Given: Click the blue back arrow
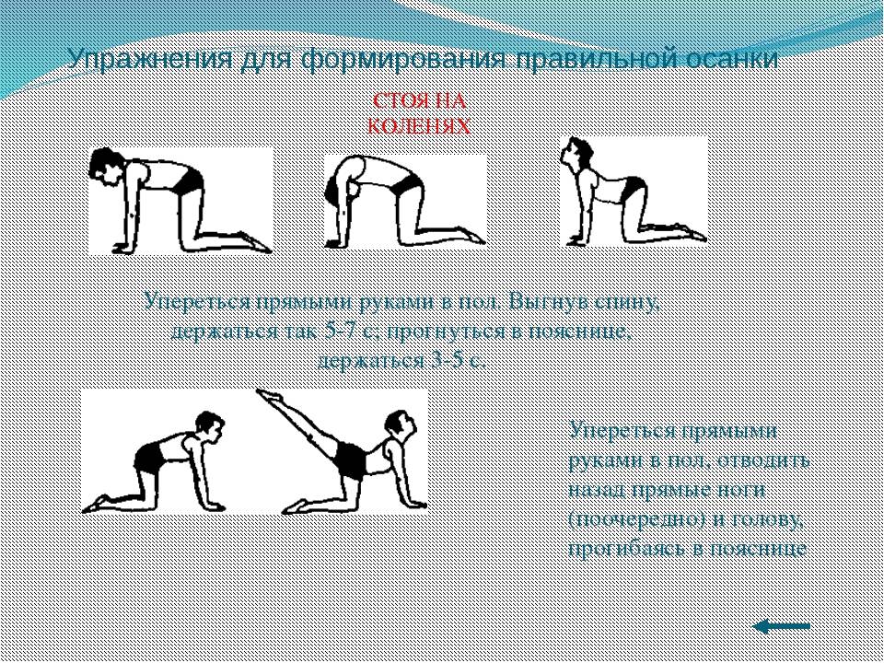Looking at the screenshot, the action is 782,626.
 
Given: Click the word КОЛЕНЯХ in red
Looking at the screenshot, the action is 419,126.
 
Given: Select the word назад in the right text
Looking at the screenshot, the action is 597,490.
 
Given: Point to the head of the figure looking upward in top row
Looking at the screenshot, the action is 577,154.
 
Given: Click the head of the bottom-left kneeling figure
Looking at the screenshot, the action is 209,428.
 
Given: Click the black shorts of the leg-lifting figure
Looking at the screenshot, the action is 350,460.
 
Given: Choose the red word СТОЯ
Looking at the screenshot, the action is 395,101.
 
